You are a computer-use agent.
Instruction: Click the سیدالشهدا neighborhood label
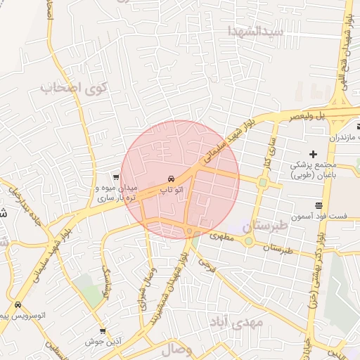[255, 31]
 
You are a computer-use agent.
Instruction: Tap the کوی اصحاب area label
[75, 89]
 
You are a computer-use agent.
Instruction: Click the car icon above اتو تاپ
[172, 179]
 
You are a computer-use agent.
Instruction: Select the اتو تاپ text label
[173, 190]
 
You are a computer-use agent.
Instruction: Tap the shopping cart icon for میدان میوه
[116, 177]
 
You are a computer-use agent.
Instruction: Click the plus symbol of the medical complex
[314, 154]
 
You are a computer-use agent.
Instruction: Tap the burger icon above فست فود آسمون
[319, 205]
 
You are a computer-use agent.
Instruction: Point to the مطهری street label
[223, 238]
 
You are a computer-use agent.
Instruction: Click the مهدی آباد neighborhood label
[236, 321]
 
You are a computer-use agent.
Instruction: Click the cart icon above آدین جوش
[103, 331]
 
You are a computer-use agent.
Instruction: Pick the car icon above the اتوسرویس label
[17, 305]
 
